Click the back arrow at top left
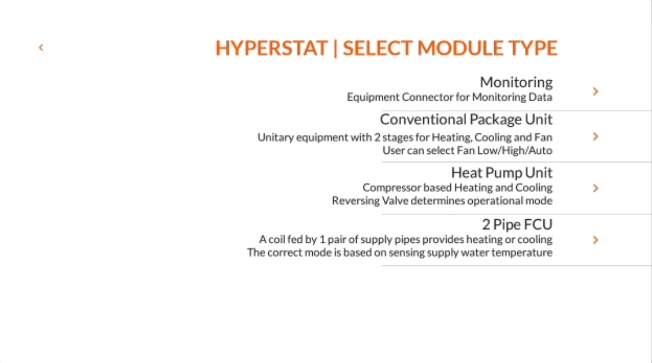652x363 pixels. [x=41, y=47]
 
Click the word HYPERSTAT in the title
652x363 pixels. [x=271, y=48]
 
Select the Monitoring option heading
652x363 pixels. [x=516, y=82]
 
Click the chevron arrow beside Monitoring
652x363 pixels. [x=595, y=91]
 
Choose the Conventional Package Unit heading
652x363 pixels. [x=466, y=119]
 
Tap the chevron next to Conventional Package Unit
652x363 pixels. [x=595, y=136]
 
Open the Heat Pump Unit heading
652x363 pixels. [x=502, y=173]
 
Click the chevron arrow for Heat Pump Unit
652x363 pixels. [x=595, y=188]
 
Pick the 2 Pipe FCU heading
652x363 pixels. [x=517, y=224]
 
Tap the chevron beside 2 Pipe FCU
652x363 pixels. [x=595, y=240]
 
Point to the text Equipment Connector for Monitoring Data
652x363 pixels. [x=449, y=97]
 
